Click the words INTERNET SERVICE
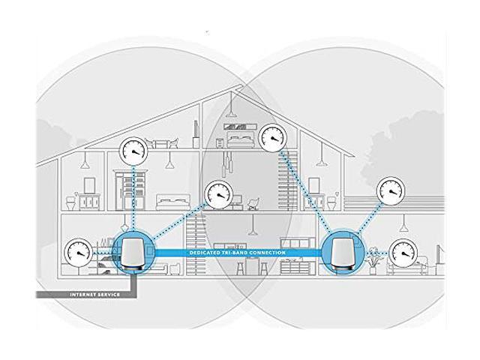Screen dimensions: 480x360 pos(95,295)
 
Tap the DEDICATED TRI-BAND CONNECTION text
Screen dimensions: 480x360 pos(238,253)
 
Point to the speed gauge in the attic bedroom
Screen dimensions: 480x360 pos(273,137)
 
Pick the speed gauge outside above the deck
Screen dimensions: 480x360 pos(391,190)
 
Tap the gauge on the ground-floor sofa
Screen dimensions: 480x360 pos(405,253)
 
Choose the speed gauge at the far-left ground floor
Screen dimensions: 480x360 pos(78,252)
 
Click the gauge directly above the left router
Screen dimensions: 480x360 pos(133,151)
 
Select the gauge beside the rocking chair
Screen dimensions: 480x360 pos(219,195)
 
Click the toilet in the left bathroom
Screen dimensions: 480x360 pos(71,202)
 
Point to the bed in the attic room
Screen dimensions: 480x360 pos(241,140)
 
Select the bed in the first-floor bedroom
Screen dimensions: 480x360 pos(173,202)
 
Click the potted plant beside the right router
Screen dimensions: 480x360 pos(373,261)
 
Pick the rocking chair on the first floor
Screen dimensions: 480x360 pos(253,203)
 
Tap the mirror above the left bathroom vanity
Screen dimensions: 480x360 pos(90,185)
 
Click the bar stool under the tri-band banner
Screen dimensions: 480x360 pos(241,268)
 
